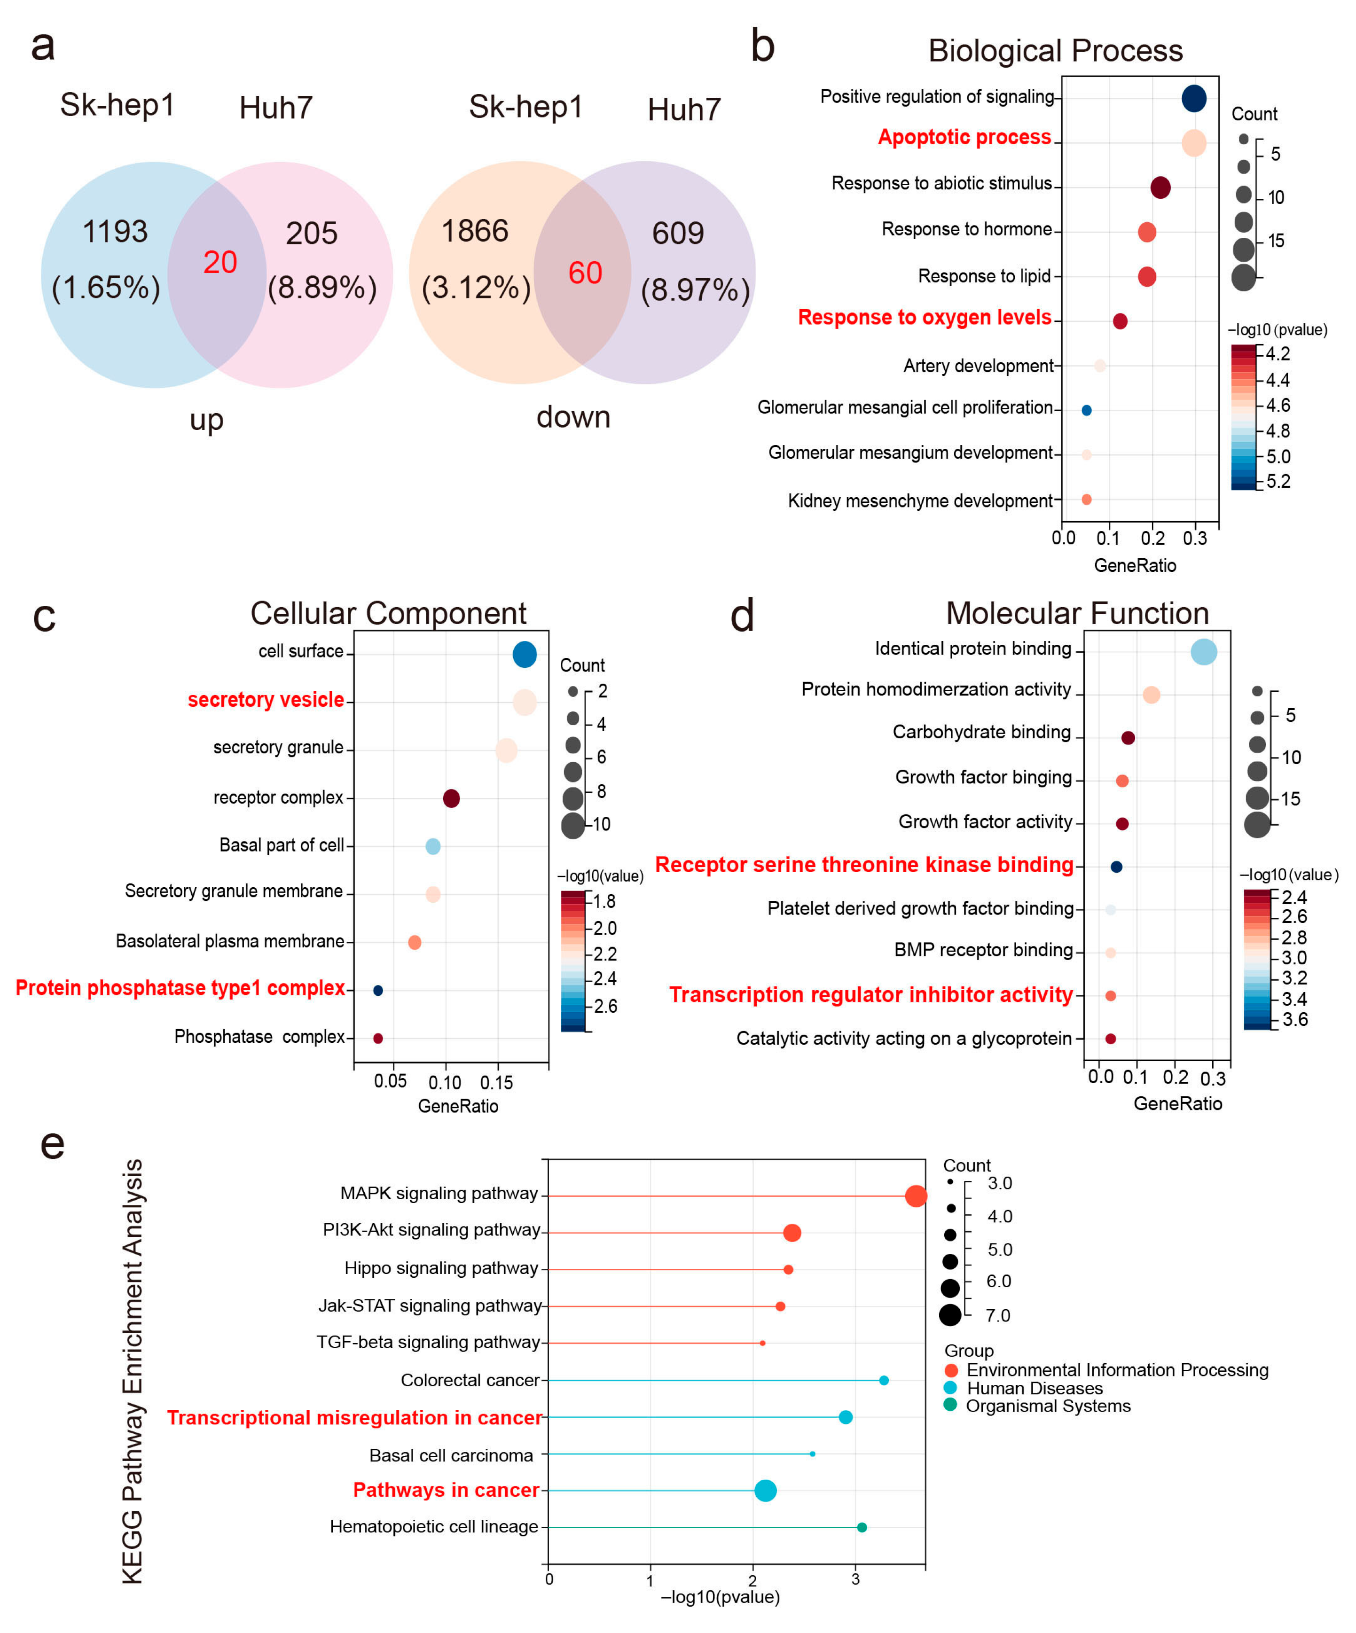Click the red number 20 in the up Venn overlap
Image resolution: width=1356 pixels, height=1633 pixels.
220,262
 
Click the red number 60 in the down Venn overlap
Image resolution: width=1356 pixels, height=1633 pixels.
585,273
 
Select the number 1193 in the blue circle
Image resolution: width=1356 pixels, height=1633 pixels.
115,232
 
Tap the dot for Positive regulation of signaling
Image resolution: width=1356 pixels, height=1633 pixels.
1193,99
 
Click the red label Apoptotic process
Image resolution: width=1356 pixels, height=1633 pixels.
964,138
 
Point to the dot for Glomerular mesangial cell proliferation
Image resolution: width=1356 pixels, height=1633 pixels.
1086,410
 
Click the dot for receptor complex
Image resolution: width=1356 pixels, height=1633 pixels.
451,798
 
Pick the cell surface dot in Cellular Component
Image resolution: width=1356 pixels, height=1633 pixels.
525,655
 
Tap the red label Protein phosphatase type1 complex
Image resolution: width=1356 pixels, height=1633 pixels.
180,988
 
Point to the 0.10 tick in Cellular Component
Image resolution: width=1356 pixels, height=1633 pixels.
445,1082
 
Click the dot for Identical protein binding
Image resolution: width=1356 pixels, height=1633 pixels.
1204,652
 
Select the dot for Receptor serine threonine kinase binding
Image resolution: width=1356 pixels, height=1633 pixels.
1116,866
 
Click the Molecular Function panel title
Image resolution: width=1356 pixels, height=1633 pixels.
1077,614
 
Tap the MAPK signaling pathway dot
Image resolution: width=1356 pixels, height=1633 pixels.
916,1196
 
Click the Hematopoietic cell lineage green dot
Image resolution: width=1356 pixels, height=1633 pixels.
861,1527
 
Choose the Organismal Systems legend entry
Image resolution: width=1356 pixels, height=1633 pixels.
1047,1406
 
